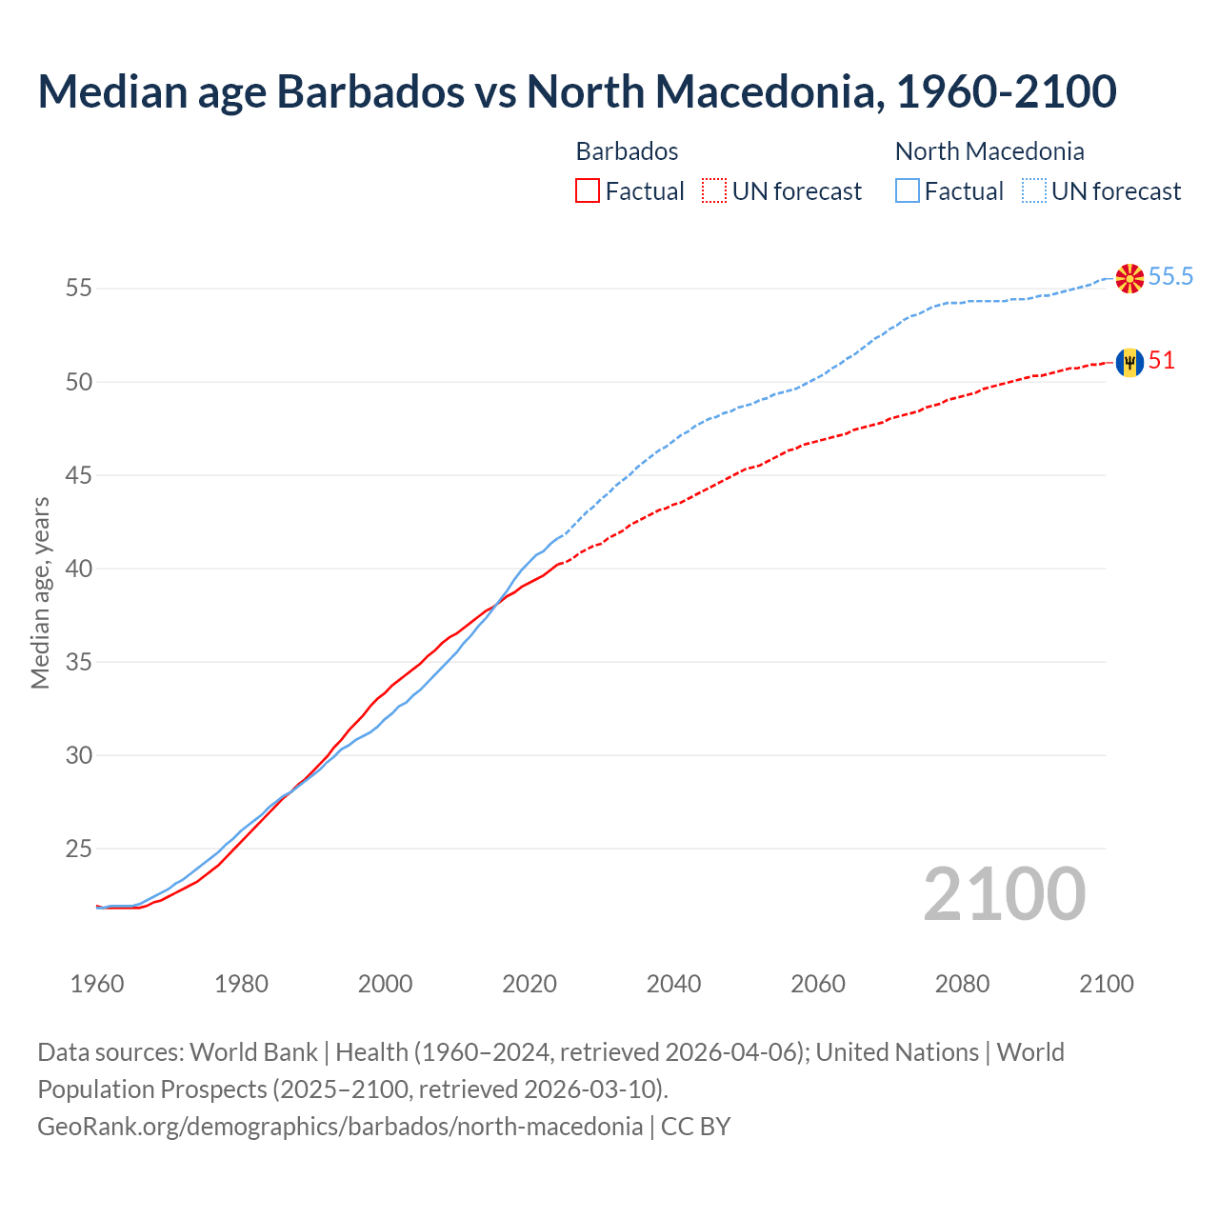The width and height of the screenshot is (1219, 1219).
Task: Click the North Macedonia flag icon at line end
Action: pos(1129,278)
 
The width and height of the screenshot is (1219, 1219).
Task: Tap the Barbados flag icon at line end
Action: pos(1129,362)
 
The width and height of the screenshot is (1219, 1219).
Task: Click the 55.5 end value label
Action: pos(1170,277)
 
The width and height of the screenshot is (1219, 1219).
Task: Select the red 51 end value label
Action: pos(1162,361)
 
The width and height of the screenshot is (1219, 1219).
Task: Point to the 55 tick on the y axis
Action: pos(79,288)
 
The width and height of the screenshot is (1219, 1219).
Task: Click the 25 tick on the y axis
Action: pos(79,848)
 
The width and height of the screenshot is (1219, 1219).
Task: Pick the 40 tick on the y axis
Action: pos(79,569)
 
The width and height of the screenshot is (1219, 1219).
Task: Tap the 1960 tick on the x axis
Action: pos(97,984)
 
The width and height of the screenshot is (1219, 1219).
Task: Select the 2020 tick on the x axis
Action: pos(530,984)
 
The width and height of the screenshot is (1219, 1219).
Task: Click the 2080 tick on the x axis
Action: pos(962,984)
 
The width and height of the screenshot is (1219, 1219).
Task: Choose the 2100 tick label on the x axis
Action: pos(1107,984)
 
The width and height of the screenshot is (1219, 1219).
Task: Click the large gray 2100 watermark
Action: pos(1005,894)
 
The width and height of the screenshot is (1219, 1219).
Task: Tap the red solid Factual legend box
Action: pos(588,191)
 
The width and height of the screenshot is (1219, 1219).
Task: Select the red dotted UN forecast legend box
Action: pos(714,191)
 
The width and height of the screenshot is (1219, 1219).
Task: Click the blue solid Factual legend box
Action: pos(908,191)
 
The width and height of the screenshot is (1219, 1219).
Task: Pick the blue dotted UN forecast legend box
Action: pos(1034,191)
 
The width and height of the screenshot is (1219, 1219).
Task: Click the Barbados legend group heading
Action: pos(627,151)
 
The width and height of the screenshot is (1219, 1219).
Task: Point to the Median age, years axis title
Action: pos(40,592)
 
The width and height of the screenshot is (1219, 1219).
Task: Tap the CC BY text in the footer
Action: pos(695,1127)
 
